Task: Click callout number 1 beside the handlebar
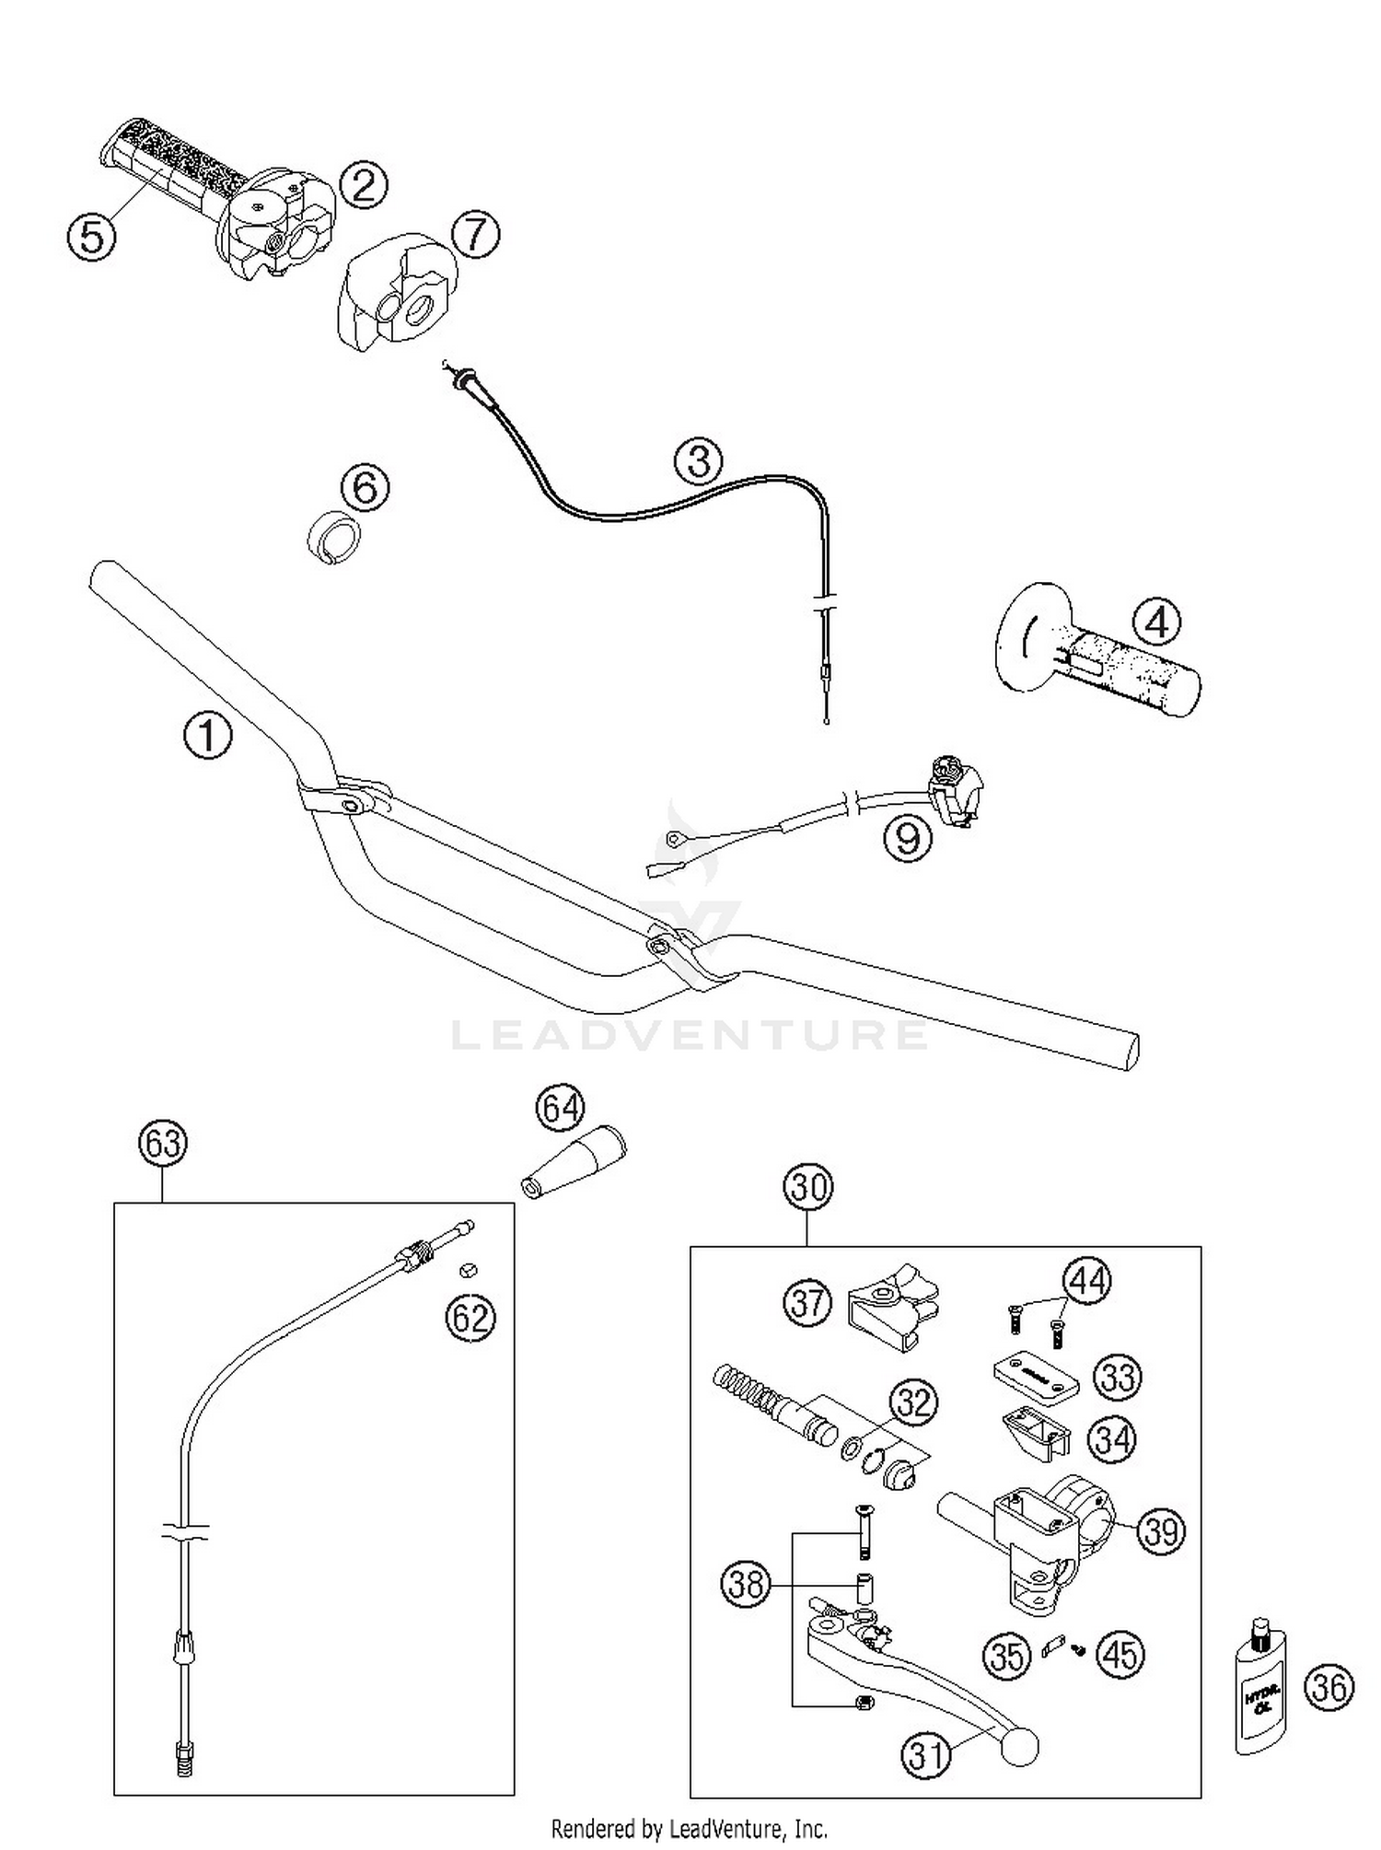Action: coord(208,736)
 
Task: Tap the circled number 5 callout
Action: coord(92,237)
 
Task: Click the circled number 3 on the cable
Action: coord(699,460)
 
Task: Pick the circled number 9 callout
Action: coord(908,838)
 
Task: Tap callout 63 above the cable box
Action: coord(163,1143)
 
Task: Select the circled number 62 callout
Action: coord(470,1319)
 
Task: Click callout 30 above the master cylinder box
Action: coord(807,1187)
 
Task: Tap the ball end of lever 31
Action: coord(1017,1746)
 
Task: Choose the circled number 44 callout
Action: coord(1087,1280)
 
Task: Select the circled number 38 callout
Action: coord(745,1585)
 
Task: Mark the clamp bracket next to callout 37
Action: coord(889,1304)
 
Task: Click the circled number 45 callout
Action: coord(1120,1655)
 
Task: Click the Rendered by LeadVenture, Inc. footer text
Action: coord(690,1828)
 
